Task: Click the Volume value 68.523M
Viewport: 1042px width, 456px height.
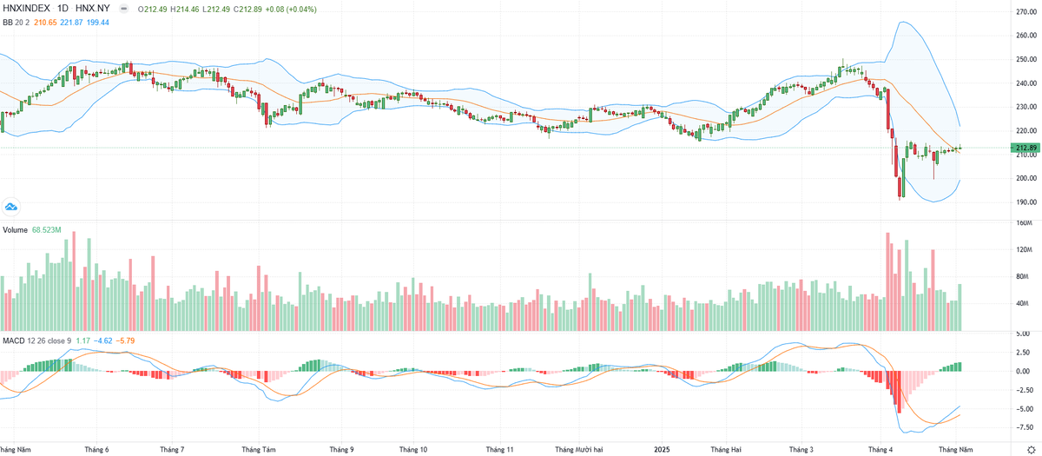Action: pyautogui.click(x=49, y=230)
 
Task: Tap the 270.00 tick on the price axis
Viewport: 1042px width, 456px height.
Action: pyautogui.click(x=1026, y=12)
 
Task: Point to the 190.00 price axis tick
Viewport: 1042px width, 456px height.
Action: pyautogui.click(x=1026, y=202)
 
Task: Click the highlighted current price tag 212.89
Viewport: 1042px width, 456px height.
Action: pyautogui.click(x=1026, y=148)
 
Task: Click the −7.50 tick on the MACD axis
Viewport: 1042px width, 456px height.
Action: pyautogui.click(x=1025, y=427)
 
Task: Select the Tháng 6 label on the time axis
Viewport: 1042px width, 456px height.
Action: pyautogui.click(x=96, y=450)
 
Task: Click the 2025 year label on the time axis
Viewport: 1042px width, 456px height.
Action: pyautogui.click(x=661, y=450)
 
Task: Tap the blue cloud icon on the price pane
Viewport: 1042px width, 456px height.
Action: pyautogui.click(x=11, y=207)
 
